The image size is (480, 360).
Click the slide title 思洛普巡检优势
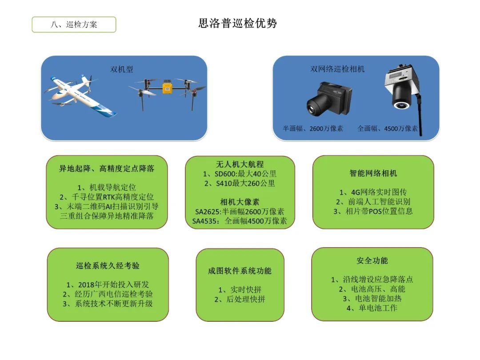click(237, 23)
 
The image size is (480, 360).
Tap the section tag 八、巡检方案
click(74, 24)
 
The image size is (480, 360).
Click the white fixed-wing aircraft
click(80, 95)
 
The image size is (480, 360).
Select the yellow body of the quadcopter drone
click(167, 86)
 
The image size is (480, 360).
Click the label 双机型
click(121, 69)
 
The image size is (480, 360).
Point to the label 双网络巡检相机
click(337, 69)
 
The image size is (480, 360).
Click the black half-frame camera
click(329, 98)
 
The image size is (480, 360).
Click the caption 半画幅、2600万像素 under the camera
click(313, 128)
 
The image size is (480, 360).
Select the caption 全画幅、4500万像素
click(388, 128)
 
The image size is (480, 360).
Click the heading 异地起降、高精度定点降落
click(107, 168)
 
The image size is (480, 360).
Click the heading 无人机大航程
click(240, 164)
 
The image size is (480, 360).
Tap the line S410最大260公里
click(240, 184)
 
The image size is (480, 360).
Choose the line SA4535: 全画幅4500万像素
click(240, 221)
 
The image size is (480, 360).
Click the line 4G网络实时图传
click(373, 192)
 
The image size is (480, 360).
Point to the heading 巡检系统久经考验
click(108, 266)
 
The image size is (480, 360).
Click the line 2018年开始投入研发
click(108, 285)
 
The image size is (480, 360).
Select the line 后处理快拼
click(240, 300)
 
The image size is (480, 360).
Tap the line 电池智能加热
click(372, 299)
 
